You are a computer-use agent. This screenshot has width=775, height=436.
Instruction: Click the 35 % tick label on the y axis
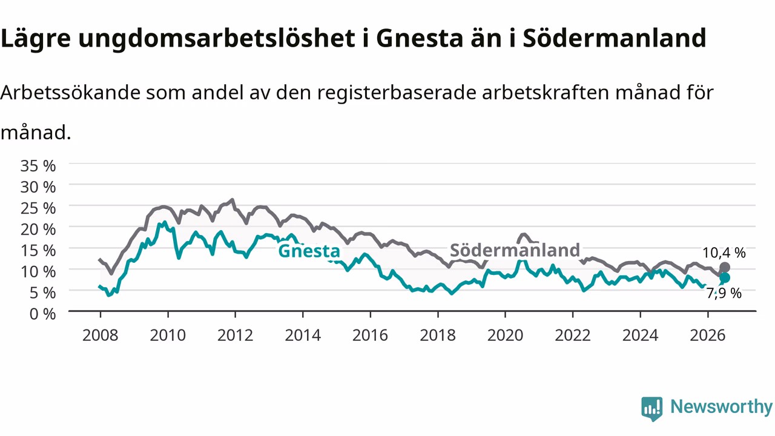[x=38, y=166]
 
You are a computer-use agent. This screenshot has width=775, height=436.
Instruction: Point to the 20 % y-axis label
[x=38, y=230]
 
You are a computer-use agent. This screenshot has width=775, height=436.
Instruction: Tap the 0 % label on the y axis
[x=42, y=314]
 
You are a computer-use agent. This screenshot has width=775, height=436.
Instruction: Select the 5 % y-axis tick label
[x=42, y=293]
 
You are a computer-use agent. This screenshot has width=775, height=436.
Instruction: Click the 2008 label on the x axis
[x=101, y=335]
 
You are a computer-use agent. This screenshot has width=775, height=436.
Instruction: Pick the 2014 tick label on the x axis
[x=303, y=335]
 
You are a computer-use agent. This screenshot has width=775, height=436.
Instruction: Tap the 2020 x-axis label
[x=505, y=335]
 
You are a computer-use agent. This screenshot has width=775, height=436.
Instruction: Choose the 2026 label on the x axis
[x=708, y=335]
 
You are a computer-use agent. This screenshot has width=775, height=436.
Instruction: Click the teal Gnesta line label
[x=309, y=251]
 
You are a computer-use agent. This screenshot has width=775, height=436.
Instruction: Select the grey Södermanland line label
[x=515, y=250]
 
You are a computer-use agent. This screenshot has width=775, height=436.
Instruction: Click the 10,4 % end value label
[x=724, y=253]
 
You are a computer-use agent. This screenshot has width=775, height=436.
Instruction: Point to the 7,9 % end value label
[x=724, y=294]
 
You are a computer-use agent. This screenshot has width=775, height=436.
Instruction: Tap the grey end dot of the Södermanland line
[x=725, y=268]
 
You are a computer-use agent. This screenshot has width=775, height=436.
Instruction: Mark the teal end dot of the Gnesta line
[x=725, y=277]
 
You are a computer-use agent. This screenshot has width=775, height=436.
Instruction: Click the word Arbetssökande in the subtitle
[x=71, y=93]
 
